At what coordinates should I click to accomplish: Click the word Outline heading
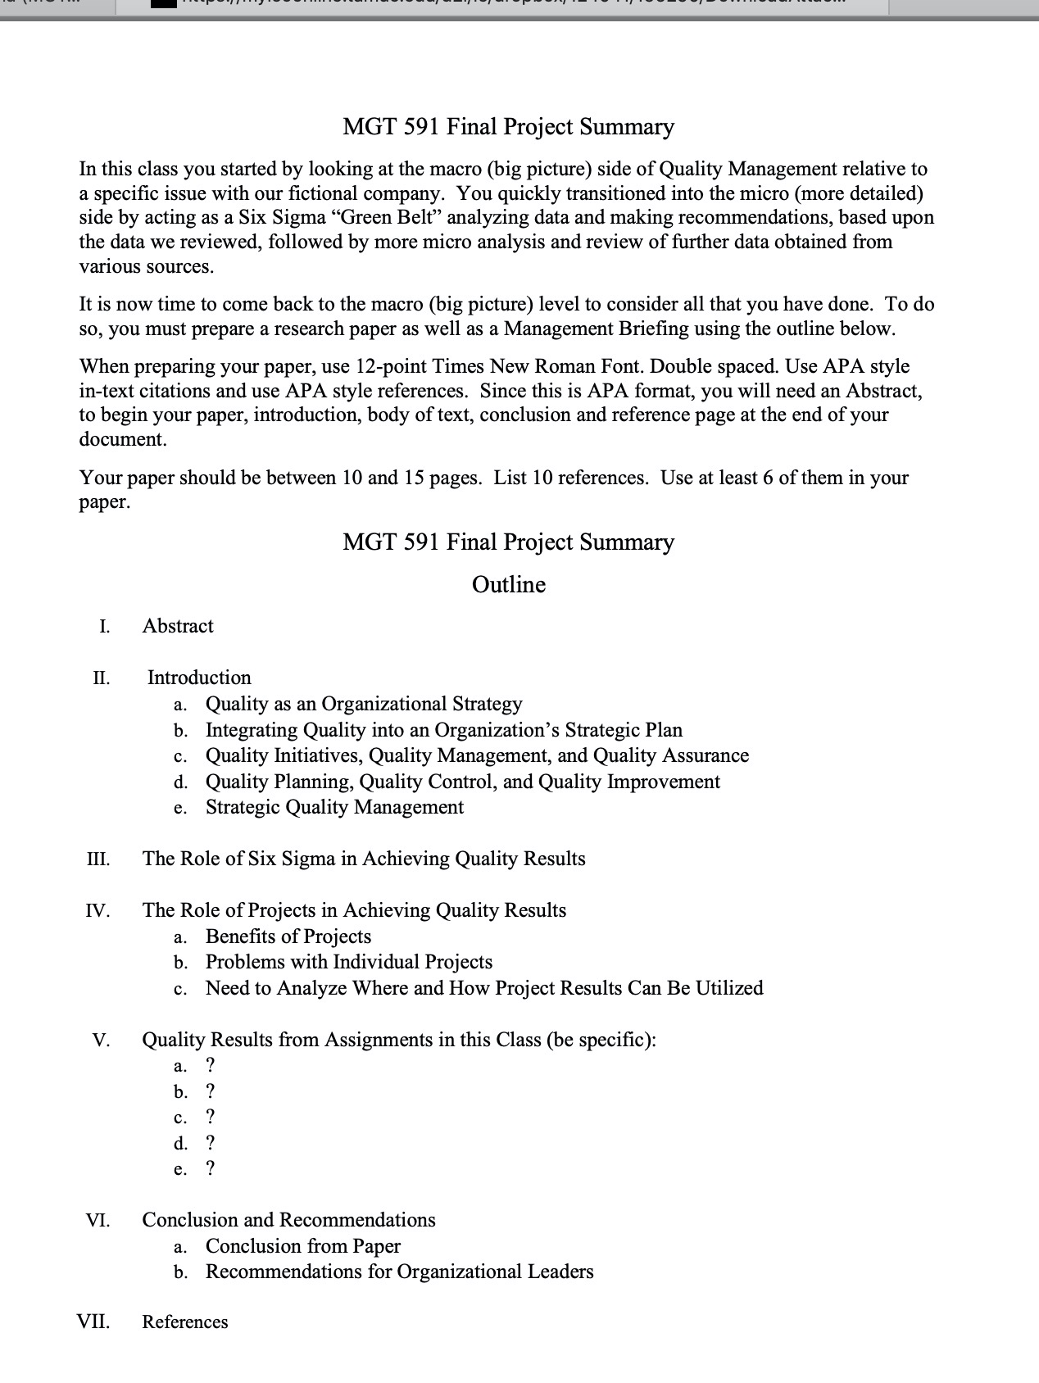[x=508, y=585]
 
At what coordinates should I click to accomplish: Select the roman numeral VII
[x=93, y=1322]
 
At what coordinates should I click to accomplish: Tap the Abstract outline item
[x=178, y=626]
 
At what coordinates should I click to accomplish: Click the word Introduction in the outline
[x=199, y=678]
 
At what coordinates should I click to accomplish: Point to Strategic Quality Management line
[x=334, y=807]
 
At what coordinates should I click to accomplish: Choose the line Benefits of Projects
[x=288, y=936]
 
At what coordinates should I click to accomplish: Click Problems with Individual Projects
[x=348, y=962]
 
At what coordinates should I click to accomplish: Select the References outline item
[x=185, y=1322]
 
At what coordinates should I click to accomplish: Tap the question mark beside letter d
[x=211, y=1143]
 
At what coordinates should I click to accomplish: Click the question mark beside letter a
[x=211, y=1065]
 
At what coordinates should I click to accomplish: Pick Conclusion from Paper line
[x=302, y=1246]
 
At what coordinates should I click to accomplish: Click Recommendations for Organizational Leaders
[x=399, y=1272]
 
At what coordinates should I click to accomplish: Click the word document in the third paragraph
[x=122, y=439]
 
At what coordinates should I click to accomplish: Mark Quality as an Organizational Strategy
[x=363, y=704]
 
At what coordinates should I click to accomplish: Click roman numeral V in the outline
[x=101, y=1041]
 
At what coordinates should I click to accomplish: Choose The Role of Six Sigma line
[x=363, y=859]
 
